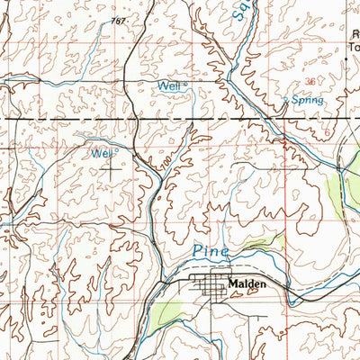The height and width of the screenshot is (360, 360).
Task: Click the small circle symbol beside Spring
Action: (287, 100)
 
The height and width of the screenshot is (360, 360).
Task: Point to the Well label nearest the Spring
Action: (166, 85)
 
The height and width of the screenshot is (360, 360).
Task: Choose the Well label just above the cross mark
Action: (102, 153)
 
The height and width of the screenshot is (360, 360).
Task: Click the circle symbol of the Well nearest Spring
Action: (184, 85)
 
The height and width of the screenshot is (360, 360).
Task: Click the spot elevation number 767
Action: (118, 20)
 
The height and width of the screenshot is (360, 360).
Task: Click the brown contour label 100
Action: (165, 167)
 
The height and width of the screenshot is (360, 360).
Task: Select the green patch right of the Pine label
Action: (271, 241)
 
